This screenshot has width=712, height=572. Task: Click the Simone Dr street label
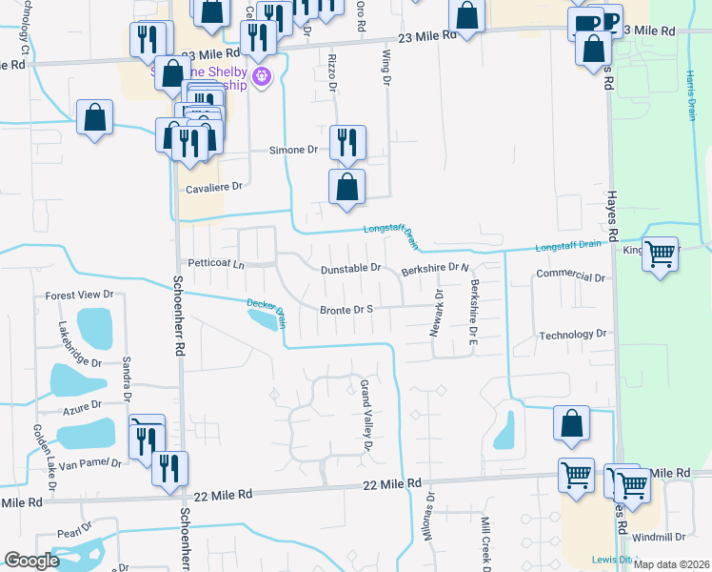tap(292, 151)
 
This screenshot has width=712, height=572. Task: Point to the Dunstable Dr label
tap(350, 270)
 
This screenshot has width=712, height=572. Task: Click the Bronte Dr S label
tap(346, 310)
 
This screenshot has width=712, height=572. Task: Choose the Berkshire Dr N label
tap(436, 270)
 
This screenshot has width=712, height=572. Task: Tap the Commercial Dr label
tap(571, 276)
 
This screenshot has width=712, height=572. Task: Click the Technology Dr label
tap(572, 335)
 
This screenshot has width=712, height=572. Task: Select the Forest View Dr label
tap(80, 296)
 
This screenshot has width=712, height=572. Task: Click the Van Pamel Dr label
tap(90, 463)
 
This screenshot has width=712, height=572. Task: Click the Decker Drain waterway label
tap(267, 308)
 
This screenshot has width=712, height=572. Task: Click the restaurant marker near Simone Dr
tap(347, 142)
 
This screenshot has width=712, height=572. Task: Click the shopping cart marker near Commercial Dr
tap(660, 254)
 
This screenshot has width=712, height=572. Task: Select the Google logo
tap(32, 561)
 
